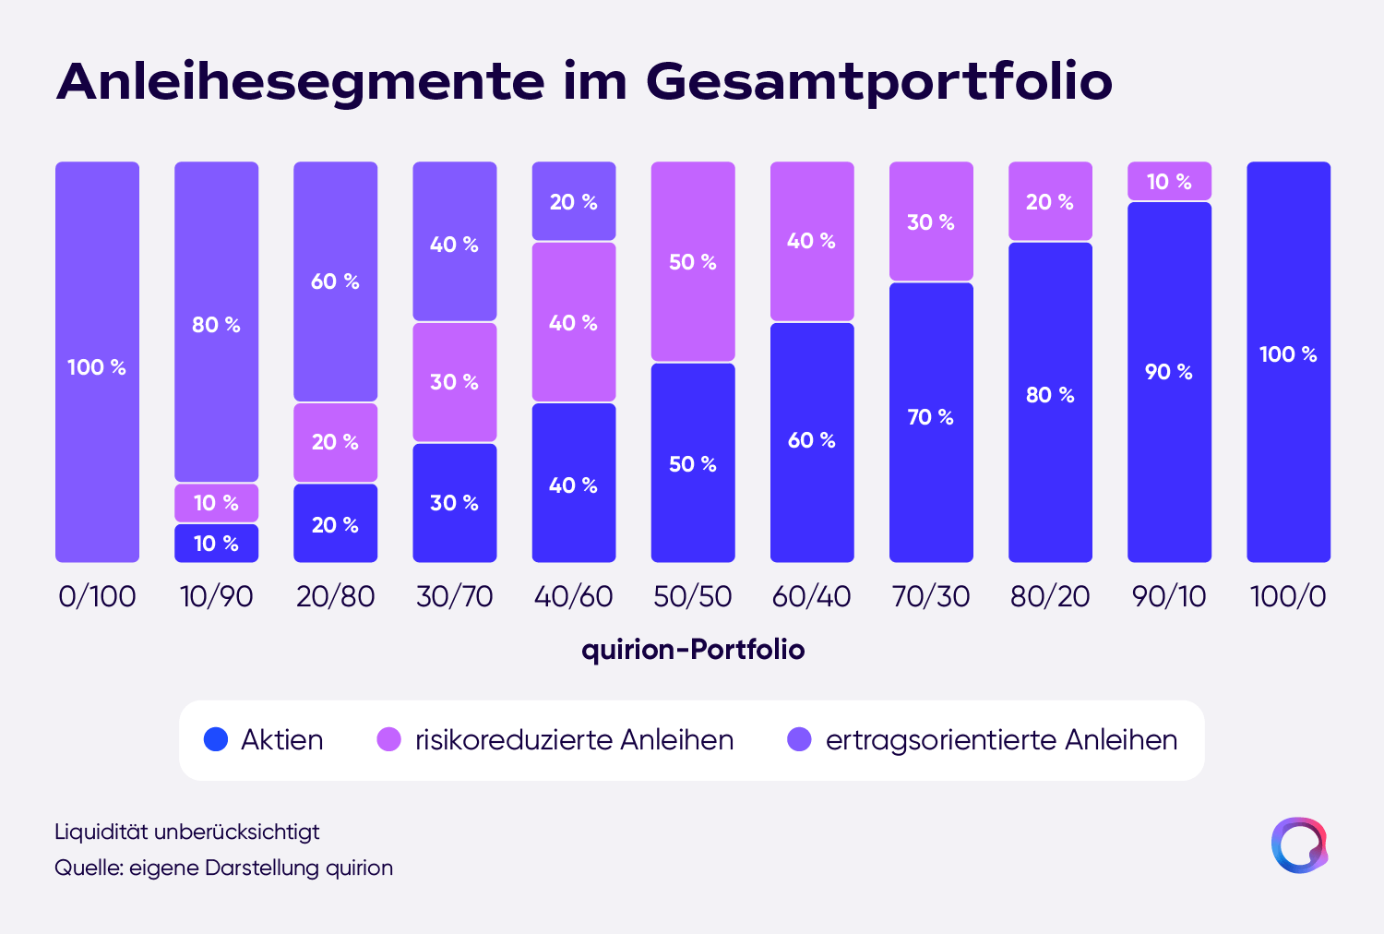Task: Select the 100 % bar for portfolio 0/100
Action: (x=97, y=362)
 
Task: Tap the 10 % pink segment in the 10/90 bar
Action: (x=216, y=503)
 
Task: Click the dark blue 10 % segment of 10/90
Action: (x=216, y=544)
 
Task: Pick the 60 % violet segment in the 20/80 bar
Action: (x=336, y=281)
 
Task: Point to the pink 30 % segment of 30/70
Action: (x=455, y=382)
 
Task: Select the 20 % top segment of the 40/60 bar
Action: (x=574, y=201)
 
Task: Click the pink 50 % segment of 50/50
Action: (x=693, y=261)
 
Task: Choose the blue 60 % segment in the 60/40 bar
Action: (x=812, y=443)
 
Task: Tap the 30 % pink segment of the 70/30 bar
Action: (x=931, y=222)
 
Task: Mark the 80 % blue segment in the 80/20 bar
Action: (x=1050, y=402)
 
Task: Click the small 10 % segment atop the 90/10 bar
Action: (x=1170, y=181)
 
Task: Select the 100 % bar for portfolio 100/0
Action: (x=1289, y=362)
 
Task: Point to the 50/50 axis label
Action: (x=693, y=596)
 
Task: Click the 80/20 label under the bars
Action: (x=1050, y=596)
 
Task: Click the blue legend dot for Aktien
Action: (x=216, y=739)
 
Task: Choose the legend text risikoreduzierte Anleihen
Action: (x=575, y=740)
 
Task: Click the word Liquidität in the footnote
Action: (x=101, y=832)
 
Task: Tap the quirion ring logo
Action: (x=1299, y=845)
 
